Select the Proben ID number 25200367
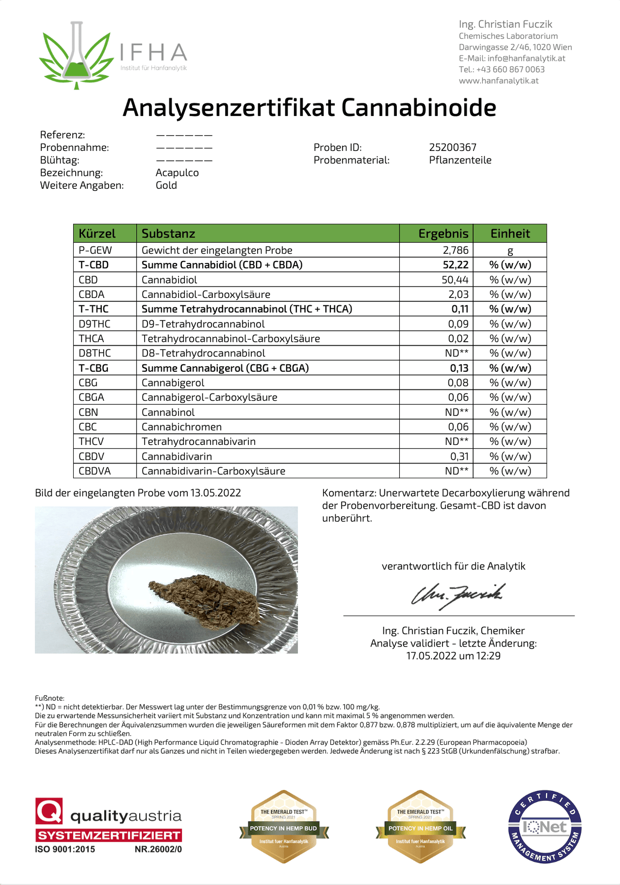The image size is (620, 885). (x=452, y=147)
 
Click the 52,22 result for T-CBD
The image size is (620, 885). (x=455, y=265)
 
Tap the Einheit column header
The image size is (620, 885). (x=510, y=234)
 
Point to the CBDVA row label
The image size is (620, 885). (x=94, y=471)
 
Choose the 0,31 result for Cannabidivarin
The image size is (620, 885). (x=459, y=456)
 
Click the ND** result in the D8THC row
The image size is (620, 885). (x=456, y=353)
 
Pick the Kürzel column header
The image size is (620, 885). (x=97, y=234)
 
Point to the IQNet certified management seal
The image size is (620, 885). (x=545, y=827)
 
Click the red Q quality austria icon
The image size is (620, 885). (x=49, y=811)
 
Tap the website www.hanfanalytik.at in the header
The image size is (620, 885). (x=499, y=81)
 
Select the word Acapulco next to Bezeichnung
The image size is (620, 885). (x=177, y=173)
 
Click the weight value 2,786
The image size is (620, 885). (x=455, y=250)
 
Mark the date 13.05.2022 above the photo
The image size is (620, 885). (x=215, y=493)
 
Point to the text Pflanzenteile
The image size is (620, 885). (x=460, y=160)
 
